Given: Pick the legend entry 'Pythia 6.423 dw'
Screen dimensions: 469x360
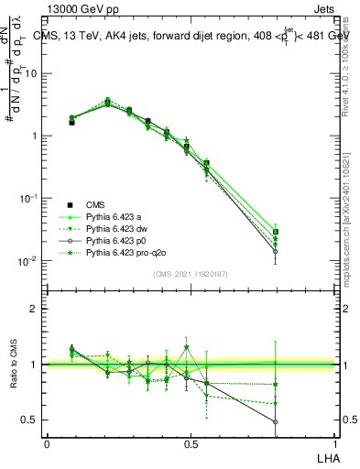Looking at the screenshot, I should click(x=118, y=228).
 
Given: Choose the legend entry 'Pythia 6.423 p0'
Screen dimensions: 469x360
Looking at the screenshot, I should click(x=118, y=240).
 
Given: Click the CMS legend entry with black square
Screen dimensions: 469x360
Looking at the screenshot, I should click(x=96, y=204).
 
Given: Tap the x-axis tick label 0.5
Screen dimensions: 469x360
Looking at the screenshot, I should click(x=191, y=444).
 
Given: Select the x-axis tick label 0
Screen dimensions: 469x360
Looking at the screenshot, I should click(x=47, y=444).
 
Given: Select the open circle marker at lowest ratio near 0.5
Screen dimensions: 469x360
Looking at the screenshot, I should click(x=276, y=422).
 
